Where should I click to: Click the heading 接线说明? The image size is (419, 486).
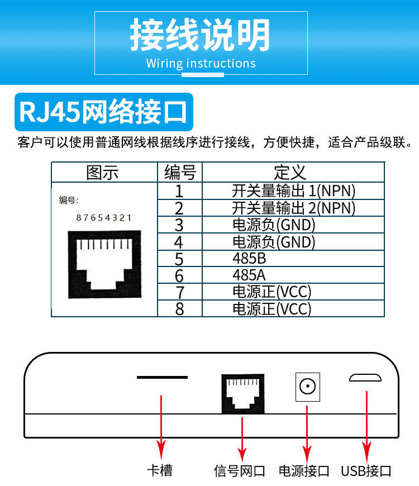click(x=201, y=35)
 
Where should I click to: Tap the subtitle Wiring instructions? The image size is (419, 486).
click(x=201, y=63)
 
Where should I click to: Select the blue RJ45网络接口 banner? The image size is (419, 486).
click(x=103, y=112)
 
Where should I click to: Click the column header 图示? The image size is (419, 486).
click(x=103, y=172)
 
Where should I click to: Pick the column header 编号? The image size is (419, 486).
click(x=179, y=172)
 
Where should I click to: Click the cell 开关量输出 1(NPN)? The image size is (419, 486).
click(x=293, y=190)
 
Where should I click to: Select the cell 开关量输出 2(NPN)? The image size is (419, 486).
click(x=293, y=208)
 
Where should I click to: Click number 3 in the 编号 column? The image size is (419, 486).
click(x=179, y=225)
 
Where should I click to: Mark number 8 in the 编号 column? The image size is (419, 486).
click(x=179, y=308)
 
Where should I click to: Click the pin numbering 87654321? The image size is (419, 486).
click(x=103, y=218)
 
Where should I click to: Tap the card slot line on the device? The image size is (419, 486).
click(x=162, y=378)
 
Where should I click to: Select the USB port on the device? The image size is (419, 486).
click(x=365, y=378)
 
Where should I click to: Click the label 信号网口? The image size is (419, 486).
click(x=239, y=471)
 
